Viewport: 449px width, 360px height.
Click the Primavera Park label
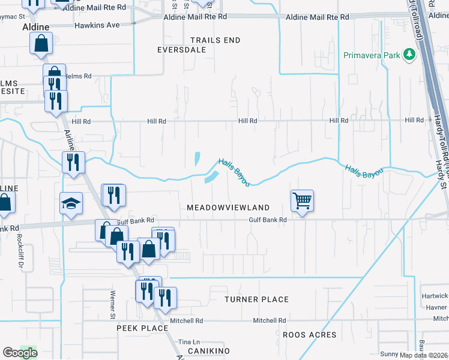(372, 55)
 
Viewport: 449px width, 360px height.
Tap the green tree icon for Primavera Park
(409, 55)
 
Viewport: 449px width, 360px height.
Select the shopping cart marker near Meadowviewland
(302, 201)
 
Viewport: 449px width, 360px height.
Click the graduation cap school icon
(70, 204)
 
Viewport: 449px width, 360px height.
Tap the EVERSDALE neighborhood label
(182, 50)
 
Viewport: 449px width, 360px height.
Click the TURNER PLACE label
(256, 299)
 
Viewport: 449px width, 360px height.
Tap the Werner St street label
(112, 304)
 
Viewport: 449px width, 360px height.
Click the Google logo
(20, 352)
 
